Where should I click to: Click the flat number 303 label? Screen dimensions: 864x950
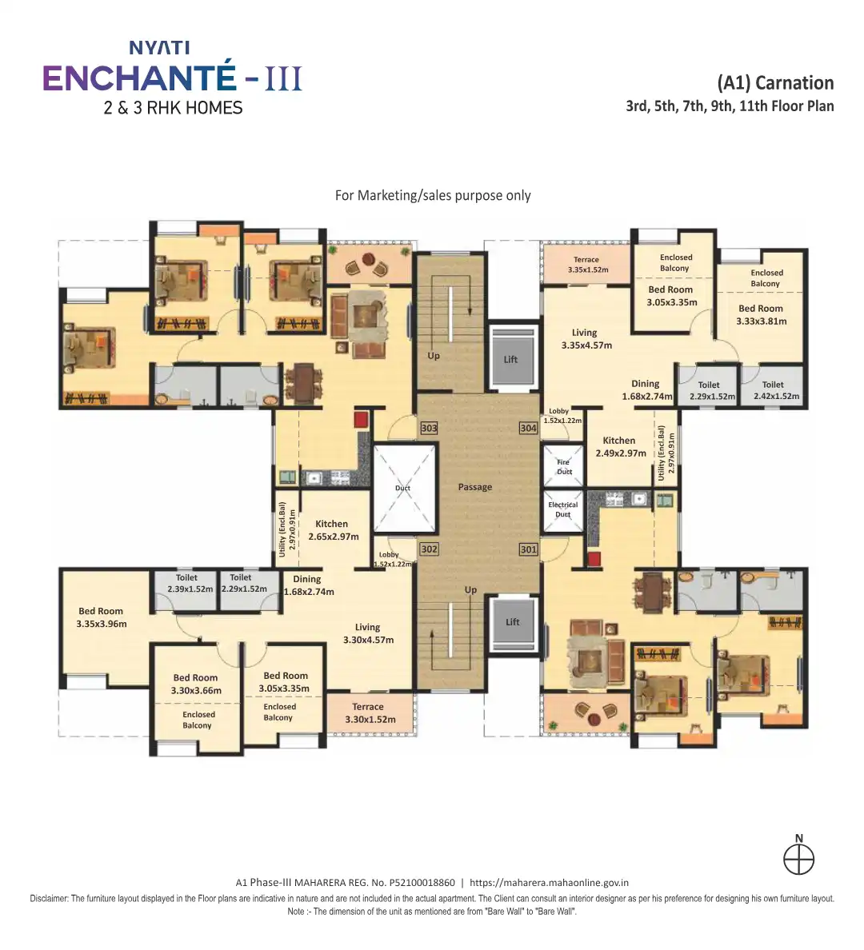click(430, 429)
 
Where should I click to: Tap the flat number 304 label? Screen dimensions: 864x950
click(529, 429)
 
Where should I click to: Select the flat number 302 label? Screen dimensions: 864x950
click(430, 549)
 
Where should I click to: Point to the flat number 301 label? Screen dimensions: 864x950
click(529, 549)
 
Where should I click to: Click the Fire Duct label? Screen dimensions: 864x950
click(565, 466)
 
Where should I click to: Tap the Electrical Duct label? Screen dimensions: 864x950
click(563, 509)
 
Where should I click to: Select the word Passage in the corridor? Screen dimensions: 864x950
click(474, 487)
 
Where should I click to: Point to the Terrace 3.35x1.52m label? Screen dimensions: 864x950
click(587, 265)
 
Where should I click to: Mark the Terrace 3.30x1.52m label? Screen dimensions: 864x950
click(370, 713)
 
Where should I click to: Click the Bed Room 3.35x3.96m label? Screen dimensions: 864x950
click(102, 617)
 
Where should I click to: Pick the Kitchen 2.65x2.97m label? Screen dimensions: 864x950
click(333, 530)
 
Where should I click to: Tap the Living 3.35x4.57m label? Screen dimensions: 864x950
click(586, 339)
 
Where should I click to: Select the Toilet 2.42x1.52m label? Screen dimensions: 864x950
click(776, 390)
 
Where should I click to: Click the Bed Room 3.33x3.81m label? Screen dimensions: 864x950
click(761, 315)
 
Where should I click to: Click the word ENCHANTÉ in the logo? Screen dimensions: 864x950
click(139, 78)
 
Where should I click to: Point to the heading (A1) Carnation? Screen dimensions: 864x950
click(775, 83)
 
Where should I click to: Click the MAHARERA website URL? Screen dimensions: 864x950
click(549, 883)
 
